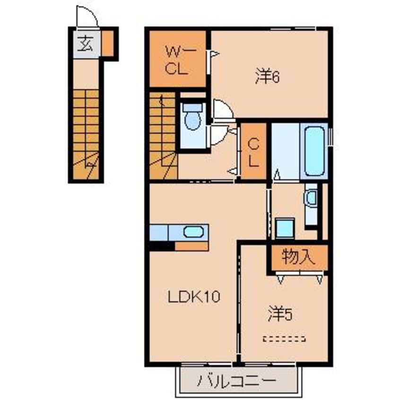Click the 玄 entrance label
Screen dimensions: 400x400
[85, 43]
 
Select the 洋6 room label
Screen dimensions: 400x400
[267, 77]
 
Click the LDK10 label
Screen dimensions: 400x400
[194, 296]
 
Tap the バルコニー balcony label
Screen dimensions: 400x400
[237, 381]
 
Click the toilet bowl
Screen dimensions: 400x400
[192, 121]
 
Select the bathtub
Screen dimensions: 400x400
[314, 151]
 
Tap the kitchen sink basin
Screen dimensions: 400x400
[194, 232]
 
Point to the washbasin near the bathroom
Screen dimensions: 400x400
[312, 197]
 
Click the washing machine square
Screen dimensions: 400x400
[285, 228]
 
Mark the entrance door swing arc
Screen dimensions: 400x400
[92, 13]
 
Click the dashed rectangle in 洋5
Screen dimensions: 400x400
[284, 339]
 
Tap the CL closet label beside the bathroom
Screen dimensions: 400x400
[253, 153]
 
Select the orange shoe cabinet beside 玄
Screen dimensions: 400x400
[108, 43]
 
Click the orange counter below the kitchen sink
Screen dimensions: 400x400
[192, 246]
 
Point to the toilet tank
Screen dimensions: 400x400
[192, 107]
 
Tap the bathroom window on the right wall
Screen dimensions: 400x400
[330, 137]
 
